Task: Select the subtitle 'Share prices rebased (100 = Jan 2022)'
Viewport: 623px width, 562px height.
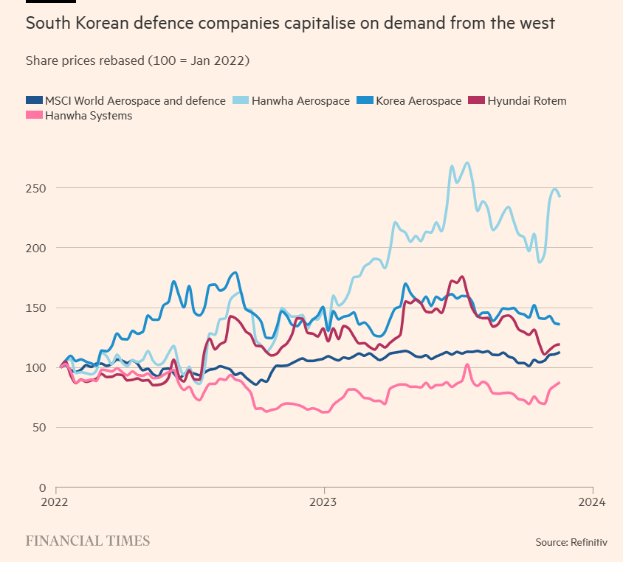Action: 137,60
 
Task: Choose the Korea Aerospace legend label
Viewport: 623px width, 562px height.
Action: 419,100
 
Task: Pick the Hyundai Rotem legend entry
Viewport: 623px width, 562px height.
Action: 526,100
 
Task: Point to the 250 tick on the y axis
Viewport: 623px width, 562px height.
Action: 35,188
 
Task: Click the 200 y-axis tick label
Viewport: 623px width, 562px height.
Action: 35,248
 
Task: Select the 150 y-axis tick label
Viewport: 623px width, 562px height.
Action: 35,308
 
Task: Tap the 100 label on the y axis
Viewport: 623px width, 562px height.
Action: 35,367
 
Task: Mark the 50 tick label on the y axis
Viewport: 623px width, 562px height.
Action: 38,428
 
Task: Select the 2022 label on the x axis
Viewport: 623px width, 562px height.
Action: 56,503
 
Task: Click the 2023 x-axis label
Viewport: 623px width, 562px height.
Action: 323,503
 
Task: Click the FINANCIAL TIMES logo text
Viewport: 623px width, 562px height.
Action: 88,541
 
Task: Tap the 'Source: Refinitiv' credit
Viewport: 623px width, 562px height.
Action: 571,542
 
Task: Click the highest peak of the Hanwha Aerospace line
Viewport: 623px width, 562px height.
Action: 467,163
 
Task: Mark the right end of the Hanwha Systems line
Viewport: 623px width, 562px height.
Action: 559,383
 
